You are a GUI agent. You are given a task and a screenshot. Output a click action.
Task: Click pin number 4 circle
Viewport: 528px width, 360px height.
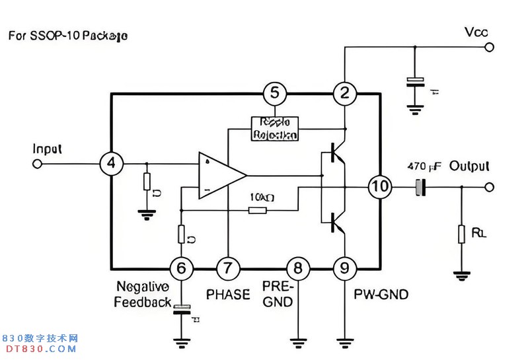[112, 163]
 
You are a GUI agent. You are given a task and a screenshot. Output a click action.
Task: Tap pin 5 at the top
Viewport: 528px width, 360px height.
[274, 94]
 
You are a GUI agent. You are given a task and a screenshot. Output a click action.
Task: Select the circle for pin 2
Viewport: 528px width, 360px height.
[344, 94]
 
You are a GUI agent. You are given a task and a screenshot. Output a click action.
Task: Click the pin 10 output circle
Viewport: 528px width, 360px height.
[380, 187]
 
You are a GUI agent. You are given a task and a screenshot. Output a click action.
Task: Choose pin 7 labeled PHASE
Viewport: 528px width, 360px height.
[228, 268]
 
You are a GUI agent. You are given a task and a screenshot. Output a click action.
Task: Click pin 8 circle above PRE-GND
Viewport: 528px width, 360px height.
[297, 268]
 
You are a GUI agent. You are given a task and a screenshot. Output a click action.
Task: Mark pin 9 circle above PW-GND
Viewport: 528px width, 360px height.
[344, 268]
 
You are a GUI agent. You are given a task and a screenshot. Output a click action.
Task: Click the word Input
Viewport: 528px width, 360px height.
[47, 149]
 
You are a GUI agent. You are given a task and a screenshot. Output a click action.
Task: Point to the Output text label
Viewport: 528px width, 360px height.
[469, 166]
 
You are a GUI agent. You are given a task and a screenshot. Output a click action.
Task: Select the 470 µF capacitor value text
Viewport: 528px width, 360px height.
[424, 166]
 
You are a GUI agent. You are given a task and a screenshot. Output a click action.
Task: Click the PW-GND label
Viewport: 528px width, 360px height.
[381, 295]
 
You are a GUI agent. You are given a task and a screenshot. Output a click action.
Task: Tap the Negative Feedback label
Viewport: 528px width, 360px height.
[143, 295]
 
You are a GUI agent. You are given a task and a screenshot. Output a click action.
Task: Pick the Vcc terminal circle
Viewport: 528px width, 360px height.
[489, 47]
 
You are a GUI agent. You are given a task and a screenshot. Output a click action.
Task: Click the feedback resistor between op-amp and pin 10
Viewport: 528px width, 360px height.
[258, 210]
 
